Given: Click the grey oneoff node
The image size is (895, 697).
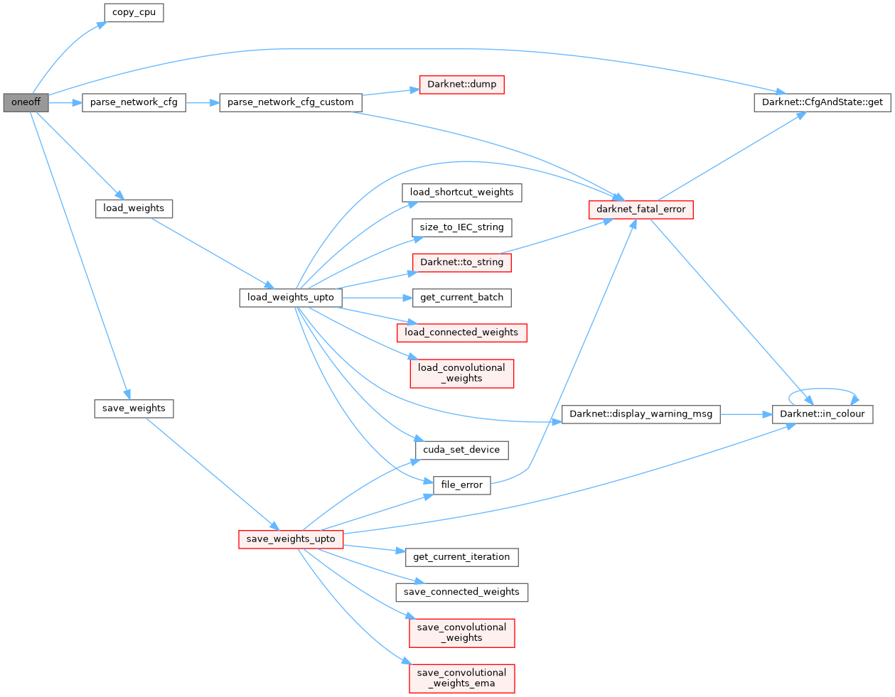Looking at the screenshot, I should point(26,102).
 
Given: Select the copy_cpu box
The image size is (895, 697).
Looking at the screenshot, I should point(134,13).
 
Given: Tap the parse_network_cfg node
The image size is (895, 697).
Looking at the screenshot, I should point(134,102).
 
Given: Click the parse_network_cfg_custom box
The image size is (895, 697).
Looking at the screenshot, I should point(290,102).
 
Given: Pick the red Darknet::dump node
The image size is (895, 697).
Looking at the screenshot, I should point(461,85).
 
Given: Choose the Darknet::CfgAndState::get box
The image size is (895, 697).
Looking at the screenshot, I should point(822,102).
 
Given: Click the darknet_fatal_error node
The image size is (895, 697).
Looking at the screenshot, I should point(641,210).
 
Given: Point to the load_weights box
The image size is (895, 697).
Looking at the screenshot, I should point(134,209).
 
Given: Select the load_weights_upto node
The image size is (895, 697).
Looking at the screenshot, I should point(290,298).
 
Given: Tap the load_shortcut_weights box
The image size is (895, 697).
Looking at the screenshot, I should point(461,193).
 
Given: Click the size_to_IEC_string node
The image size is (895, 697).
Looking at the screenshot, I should point(461,227).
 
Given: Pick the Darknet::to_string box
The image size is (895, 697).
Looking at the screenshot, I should point(461,262).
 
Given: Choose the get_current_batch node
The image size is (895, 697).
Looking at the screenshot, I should point(461,298).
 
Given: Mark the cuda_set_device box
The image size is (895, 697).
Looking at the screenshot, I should point(461,450).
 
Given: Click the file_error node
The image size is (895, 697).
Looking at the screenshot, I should point(461,485).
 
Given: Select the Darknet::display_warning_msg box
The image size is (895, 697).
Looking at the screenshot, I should point(641,414).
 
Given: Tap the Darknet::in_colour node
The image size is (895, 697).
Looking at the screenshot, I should point(822,414).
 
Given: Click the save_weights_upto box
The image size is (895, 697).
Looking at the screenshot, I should point(290,539).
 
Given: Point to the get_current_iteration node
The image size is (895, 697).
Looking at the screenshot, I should point(461,557).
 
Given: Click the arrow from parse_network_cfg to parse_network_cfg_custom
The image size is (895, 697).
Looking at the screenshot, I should point(203,102).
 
